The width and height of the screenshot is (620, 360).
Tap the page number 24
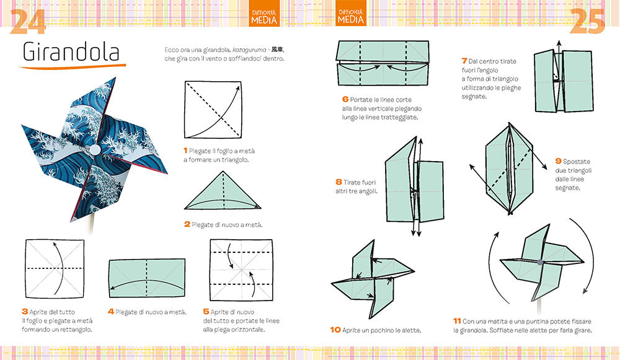[x=27, y=22]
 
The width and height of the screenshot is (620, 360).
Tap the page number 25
[x=588, y=22]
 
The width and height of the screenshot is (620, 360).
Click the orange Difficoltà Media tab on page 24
[x=264, y=15]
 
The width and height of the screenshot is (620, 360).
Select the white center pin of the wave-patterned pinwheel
[x=95, y=150]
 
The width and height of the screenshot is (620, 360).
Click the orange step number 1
[x=185, y=150]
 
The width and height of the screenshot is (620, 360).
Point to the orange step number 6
[x=345, y=99]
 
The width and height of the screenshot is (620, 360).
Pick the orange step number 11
[x=457, y=321]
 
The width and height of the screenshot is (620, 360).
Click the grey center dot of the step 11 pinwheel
[x=540, y=263]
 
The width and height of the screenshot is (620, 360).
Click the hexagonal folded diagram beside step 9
[x=506, y=167]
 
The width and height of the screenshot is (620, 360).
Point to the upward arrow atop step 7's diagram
[x=557, y=46]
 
